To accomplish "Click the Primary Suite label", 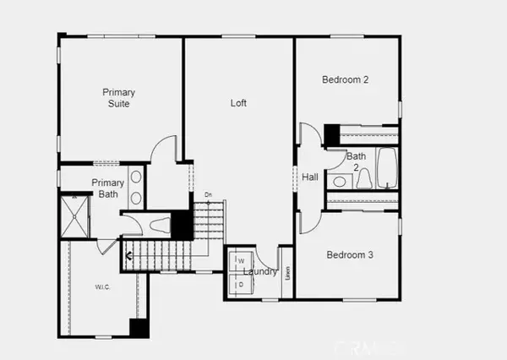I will tap(119, 97).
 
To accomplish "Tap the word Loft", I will tap(239, 103).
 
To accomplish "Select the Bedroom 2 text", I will tap(346, 80).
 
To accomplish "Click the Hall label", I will tap(310, 177).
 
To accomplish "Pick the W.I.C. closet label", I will tap(102, 287).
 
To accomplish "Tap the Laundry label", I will tap(259, 271).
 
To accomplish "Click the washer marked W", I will tap(240, 261).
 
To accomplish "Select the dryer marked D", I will tap(240, 285).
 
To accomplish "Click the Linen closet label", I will tap(287, 272).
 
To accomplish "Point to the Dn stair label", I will tap(208, 195).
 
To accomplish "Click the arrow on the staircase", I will tap(128, 254).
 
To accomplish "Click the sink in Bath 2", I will tap(338, 181).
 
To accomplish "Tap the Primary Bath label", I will tap(108, 188).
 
